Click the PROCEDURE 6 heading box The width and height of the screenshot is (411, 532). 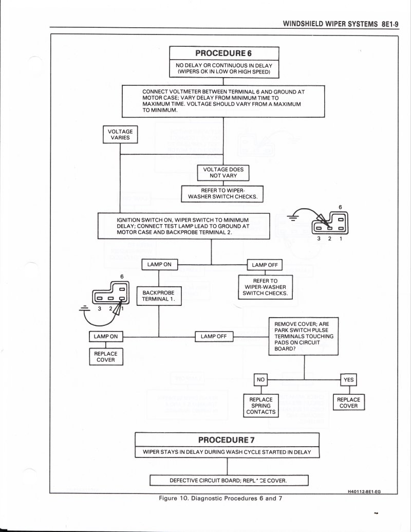pyautogui.click(x=224, y=53)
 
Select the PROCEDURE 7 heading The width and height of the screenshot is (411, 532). pyautogui.click(x=227, y=439)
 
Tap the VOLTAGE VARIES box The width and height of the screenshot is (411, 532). pyautogui.click(x=120, y=135)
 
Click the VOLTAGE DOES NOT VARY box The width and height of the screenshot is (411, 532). pyautogui.click(x=223, y=172)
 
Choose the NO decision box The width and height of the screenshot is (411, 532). pyautogui.click(x=261, y=379)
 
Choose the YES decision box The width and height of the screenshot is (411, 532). pyautogui.click(x=349, y=379)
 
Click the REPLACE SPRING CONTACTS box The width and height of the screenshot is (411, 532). pyautogui.click(x=261, y=406)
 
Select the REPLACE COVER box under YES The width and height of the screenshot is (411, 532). pyautogui.click(x=349, y=402)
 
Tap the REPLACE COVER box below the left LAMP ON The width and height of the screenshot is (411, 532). pyautogui.click(x=105, y=357)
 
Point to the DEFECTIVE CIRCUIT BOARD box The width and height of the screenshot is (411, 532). pyautogui.click(x=228, y=481)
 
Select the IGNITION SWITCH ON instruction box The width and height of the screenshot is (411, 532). pyautogui.click(x=183, y=226)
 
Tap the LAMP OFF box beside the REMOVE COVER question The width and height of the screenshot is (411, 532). pyautogui.click(x=214, y=336)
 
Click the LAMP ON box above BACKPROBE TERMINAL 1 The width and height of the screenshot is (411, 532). pyautogui.click(x=159, y=265)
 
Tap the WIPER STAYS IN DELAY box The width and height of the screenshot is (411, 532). pyautogui.click(x=227, y=452)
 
